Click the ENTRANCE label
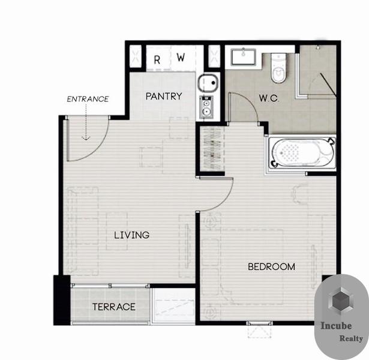[x=88, y=99]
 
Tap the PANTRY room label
[x=164, y=96]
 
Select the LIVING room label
[x=132, y=235]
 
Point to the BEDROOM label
[x=272, y=266]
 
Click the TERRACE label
[x=114, y=307]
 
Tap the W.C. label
[x=269, y=98]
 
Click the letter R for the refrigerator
[x=157, y=60]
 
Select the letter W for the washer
[x=181, y=57]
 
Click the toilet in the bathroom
[x=279, y=68]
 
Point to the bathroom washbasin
[x=244, y=57]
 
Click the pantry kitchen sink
[x=208, y=83]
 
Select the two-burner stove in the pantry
[x=206, y=107]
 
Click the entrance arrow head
[x=86, y=138]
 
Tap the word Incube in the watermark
[x=336, y=326]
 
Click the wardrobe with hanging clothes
[x=212, y=148]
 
